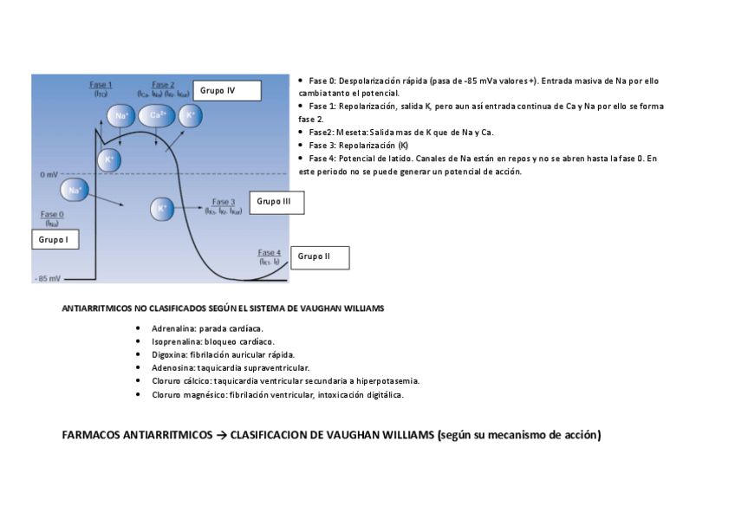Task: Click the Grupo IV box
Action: [226, 90]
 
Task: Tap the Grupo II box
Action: [320, 256]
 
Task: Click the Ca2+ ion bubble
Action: [157, 116]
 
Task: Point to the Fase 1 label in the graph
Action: [101, 85]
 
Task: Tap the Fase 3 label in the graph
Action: [224, 202]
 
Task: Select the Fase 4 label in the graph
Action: [270, 252]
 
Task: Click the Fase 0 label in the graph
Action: [52, 214]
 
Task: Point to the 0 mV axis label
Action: [49, 174]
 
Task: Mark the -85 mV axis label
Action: [48, 279]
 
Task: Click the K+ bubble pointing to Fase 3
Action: [161, 209]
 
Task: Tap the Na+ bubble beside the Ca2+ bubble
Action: [120, 116]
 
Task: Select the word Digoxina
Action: [170, 354]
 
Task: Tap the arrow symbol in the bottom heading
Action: [221, 435]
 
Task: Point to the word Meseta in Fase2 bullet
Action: [351, 133]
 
